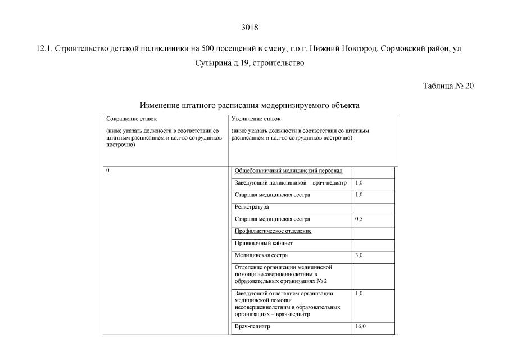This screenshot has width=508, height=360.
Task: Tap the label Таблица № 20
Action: click(448, 86)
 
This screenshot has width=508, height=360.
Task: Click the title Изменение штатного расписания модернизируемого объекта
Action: click(249, 105)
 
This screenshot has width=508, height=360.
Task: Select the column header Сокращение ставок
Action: click(131, 119)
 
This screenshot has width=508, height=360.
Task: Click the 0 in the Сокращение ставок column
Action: click(107, 170)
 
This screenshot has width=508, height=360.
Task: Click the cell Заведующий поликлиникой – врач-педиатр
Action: click(291, 183)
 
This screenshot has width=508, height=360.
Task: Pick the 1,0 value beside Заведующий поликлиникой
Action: click(359, 183)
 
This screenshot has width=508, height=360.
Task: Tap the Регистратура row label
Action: click(252, 207)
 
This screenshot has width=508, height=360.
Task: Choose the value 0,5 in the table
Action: click(359, 219)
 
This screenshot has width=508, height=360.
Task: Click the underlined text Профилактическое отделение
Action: click(273, 231)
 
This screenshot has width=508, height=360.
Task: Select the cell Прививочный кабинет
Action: click(264, 244)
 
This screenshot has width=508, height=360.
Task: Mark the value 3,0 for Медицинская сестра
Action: click(359, 255)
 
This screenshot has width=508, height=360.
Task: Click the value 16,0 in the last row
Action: click(360, 327)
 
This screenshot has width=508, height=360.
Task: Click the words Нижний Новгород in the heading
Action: click(348, 49)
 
